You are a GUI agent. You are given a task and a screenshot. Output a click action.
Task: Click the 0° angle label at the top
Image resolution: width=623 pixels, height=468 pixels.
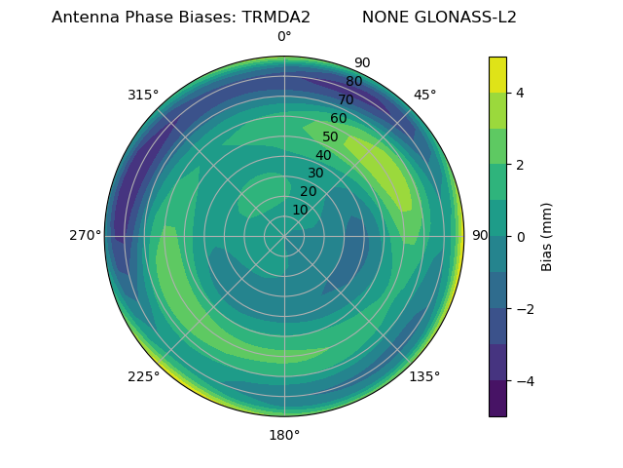(284, 37)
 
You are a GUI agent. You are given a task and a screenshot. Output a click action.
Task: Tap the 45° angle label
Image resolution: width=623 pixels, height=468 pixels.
(424, 95)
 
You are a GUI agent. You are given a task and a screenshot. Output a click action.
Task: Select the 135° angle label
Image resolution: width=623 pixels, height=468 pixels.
(424, 376)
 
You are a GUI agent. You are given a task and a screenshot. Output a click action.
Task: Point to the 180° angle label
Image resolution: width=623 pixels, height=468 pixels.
(284, 435)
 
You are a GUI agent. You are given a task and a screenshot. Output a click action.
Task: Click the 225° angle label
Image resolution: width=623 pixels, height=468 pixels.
(143, 376)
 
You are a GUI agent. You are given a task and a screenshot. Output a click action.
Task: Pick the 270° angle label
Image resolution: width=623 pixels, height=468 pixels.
(85, 235)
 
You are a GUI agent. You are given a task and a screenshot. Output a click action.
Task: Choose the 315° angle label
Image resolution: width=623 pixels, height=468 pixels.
(143, 95)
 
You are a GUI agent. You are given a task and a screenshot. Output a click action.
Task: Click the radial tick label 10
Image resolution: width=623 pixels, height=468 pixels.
(300, 210)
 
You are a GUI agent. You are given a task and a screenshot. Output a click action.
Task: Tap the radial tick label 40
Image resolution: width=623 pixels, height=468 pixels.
(323, 155)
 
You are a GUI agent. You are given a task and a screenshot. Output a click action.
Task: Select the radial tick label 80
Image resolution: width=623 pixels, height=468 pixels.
(353, 82)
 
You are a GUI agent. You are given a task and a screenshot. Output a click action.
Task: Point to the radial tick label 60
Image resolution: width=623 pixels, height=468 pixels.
(338, 119)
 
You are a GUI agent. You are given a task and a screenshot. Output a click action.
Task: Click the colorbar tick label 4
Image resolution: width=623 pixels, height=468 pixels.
(520, 93)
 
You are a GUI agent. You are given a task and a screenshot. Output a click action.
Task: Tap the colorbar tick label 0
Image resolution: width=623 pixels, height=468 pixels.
(520, 237)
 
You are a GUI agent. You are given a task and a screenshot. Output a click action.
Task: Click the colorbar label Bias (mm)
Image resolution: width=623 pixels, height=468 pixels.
(547, 237)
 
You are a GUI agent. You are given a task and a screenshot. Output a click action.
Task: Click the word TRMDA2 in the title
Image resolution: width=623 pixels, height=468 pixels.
(275, 18)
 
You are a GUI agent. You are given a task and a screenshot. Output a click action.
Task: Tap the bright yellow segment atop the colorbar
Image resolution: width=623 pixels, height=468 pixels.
(497, 74)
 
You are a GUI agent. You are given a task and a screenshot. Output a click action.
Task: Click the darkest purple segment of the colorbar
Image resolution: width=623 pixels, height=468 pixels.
(497, 399)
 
